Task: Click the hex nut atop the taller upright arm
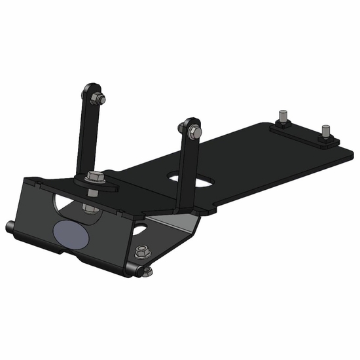point(99,99)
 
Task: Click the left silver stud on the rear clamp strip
point(282,117)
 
